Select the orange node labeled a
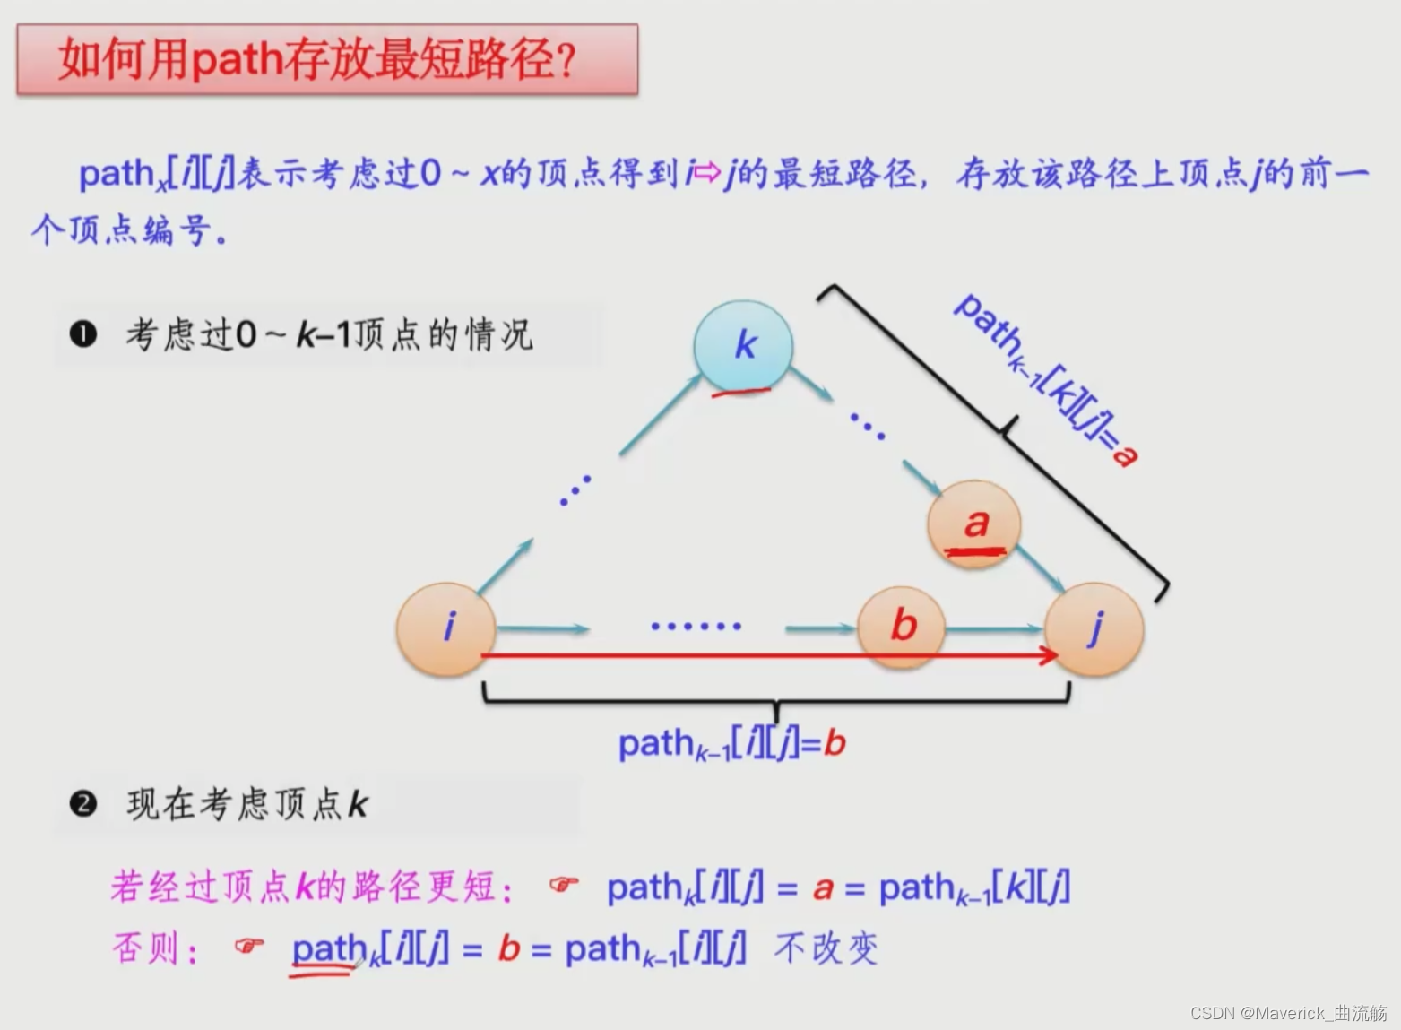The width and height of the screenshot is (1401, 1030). tap(974, 524)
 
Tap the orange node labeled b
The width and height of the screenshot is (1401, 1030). tap(902, 625)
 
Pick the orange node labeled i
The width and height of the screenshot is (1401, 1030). tap(446, 628)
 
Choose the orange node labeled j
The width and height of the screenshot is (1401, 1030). tap(1094, 628)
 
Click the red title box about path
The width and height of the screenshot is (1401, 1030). tap(327, 59)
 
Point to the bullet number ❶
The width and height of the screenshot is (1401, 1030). tap(83, 334)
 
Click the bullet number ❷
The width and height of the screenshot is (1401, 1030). tap(83, 803)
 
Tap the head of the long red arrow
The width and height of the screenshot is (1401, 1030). tap(1049, 655)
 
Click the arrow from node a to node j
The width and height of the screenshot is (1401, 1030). tap(1040, 567)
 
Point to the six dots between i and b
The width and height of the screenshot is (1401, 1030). tap(696, 626)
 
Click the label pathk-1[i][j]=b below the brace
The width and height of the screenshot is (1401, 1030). tap(731, 743)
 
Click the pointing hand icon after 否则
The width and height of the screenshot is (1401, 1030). tap(248, 946)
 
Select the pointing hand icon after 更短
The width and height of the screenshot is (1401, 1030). tap(563, 885)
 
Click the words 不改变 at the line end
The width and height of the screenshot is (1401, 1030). tap(826, 948)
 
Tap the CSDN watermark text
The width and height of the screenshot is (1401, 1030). tap(1288, 1013)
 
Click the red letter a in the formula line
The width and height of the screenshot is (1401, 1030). tap(823, 888)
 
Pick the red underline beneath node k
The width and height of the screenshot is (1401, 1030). tap(740, 392)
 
